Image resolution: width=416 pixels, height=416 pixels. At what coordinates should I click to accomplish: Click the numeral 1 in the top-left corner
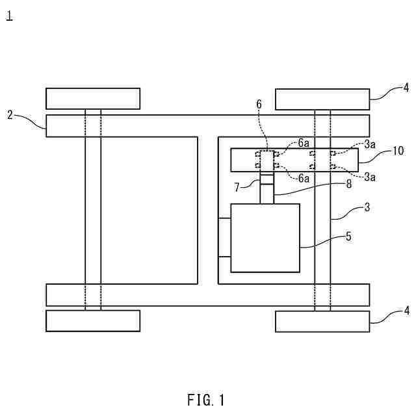(9, 16)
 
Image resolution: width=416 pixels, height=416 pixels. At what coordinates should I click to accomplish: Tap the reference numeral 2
(10, 115)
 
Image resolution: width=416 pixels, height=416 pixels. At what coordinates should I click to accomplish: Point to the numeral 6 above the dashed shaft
(259, 104)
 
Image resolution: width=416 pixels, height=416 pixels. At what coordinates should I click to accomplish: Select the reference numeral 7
(238, 187)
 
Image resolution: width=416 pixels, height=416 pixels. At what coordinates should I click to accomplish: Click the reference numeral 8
(348, 184)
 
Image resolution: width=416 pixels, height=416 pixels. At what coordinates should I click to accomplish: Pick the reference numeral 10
(398, 151)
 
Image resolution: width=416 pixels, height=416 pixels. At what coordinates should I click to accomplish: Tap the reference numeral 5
(348, 237)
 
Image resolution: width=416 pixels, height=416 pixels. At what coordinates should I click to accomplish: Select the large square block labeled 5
(265, 238)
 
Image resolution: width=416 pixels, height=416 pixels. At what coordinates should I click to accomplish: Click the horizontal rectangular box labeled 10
(294, 159)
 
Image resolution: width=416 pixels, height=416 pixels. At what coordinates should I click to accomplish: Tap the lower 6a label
(304, 177)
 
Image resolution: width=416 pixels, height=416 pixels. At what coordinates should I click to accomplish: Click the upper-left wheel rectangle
(93, 98)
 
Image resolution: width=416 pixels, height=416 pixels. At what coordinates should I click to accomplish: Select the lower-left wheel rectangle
(93, 320)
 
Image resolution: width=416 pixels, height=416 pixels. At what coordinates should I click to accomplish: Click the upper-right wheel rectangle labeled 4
(322, 99)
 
